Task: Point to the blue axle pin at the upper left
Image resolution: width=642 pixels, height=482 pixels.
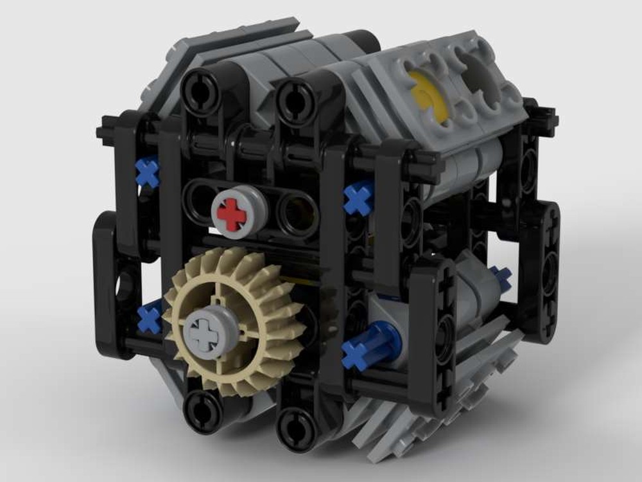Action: pos(148,173)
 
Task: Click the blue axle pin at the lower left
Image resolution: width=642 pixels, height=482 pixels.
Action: pos(150,317)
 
